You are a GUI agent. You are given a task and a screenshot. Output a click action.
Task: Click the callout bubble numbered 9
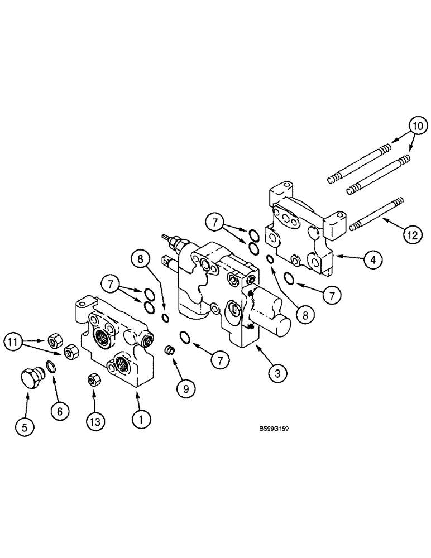click(186, 388)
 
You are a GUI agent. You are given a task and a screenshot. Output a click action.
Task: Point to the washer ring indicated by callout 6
click(50, 366)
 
